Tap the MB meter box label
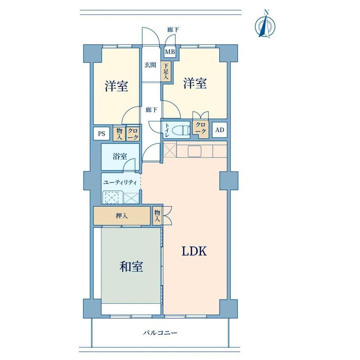pos(170,52)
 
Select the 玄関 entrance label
pos(150,65)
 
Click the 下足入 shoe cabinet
pos(166,71)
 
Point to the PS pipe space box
pos(101,133)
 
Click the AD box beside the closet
pos(220,130)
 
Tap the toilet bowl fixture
pos(182,130)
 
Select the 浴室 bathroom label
pos(120,157)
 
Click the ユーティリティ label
pos(120,183)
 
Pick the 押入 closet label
pos(122,216)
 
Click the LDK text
pos(194,251)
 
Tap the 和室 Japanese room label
pos(131,266)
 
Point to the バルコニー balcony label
pos(160,333)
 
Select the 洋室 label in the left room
pos(116,86)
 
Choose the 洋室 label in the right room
pos(195,83)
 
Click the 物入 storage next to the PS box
pos(119,133)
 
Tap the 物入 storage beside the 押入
pos(157,216)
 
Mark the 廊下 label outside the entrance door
pos(173,30)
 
